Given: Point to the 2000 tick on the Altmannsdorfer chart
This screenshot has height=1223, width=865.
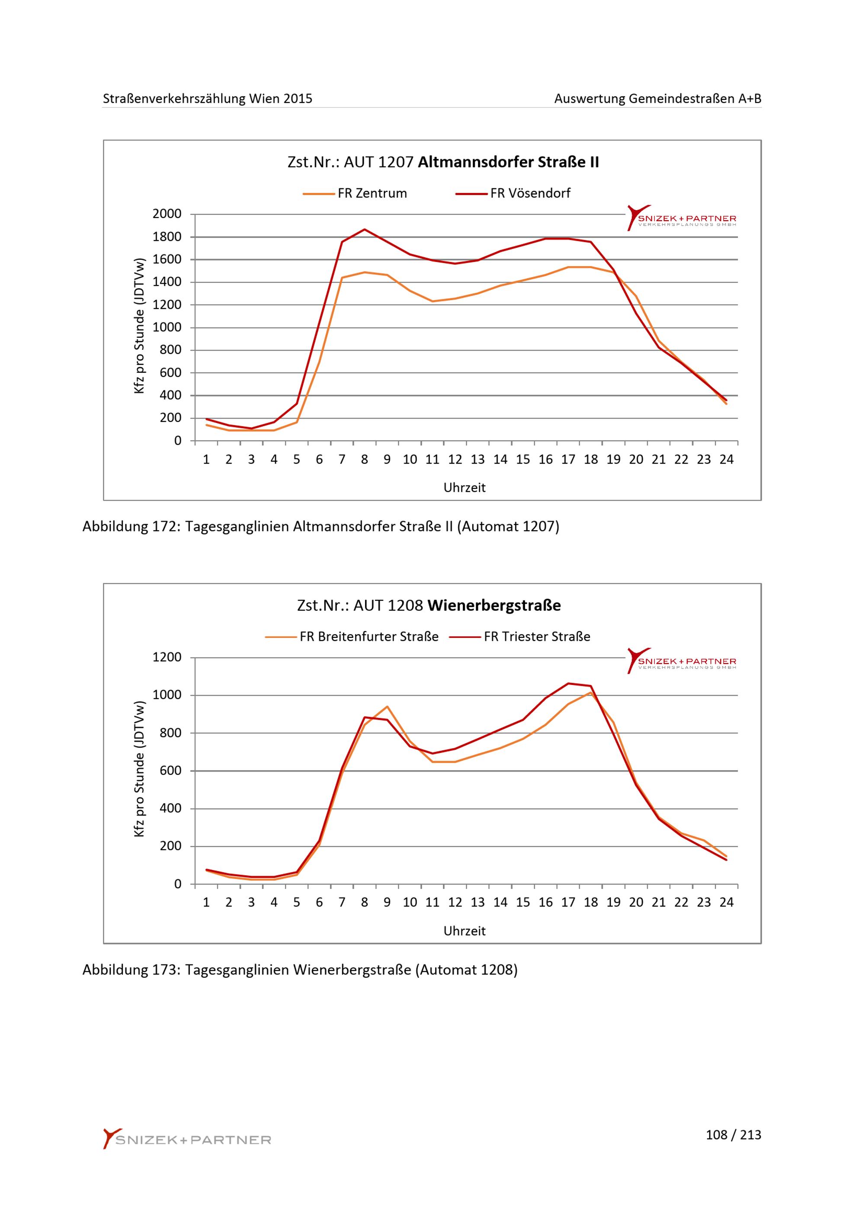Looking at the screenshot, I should [x=167, y=214].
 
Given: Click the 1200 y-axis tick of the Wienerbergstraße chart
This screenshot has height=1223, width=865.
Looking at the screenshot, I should [x=167, y=657].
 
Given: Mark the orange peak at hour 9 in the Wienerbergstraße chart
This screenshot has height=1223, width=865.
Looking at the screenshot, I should [x=387, y=706].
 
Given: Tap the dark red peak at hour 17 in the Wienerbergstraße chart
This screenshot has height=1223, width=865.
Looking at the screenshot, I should [x=568, y=683].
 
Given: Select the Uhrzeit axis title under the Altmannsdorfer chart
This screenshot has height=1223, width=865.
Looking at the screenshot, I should [x=465, y=487].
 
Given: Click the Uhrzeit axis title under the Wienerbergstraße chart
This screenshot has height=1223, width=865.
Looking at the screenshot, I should [x=465, y=931].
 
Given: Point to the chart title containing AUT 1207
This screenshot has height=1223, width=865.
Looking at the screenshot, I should [x=443, y=162].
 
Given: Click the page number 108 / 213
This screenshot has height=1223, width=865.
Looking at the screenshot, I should [x=733, y=1135].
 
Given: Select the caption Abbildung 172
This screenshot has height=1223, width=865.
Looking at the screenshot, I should [x=320, y=526].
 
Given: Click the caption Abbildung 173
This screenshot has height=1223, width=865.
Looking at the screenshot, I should [x=300, y=970].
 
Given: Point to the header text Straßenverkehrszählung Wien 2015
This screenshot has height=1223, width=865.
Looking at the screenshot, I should [x=208, y=99].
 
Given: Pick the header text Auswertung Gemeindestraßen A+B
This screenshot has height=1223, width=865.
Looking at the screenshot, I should [x=657, y=99].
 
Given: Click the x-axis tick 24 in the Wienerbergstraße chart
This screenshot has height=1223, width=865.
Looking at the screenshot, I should [x=727, y=903].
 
